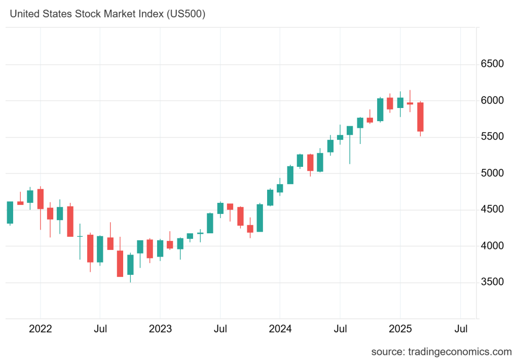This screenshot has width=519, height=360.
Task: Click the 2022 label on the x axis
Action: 41,329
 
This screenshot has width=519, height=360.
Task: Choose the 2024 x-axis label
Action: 280,329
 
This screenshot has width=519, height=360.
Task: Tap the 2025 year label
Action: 400,329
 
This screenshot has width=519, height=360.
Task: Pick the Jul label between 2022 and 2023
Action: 100,329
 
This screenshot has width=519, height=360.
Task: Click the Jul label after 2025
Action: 461,329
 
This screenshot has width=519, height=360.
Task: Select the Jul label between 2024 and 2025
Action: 340,329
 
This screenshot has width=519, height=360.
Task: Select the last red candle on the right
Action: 420,117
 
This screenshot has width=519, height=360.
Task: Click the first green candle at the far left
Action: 10,212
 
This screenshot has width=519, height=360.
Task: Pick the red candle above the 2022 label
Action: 41,199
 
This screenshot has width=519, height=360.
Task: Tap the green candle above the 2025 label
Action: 400,102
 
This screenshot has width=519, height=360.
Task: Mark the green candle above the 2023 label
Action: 160,248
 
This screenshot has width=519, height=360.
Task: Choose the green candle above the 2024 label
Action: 280,188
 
